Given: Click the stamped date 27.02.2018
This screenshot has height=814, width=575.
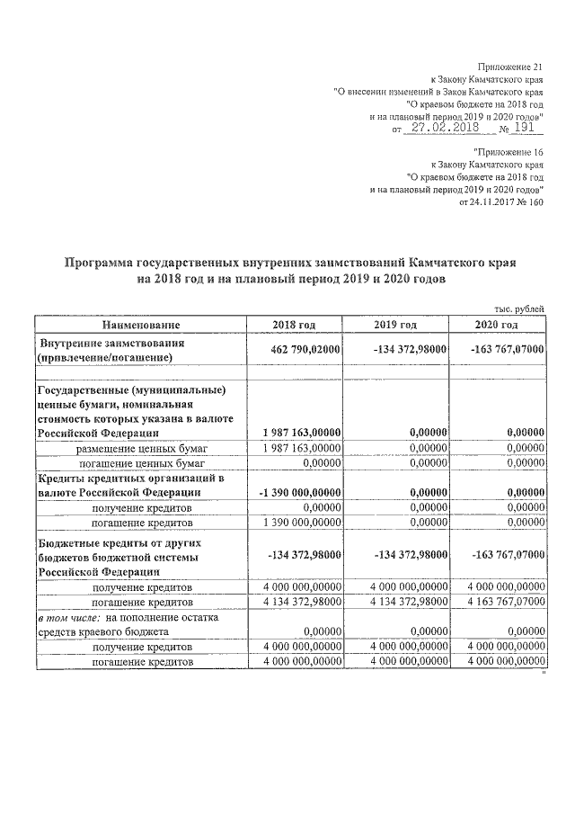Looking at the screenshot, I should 440,129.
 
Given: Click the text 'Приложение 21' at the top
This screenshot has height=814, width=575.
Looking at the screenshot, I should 513,67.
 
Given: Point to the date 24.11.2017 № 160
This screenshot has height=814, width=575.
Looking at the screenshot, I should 501,203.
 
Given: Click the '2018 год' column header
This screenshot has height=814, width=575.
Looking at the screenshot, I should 294,325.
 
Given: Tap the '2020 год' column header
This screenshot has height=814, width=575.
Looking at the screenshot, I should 497,325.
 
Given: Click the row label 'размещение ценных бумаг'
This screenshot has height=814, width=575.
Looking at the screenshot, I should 141,447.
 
